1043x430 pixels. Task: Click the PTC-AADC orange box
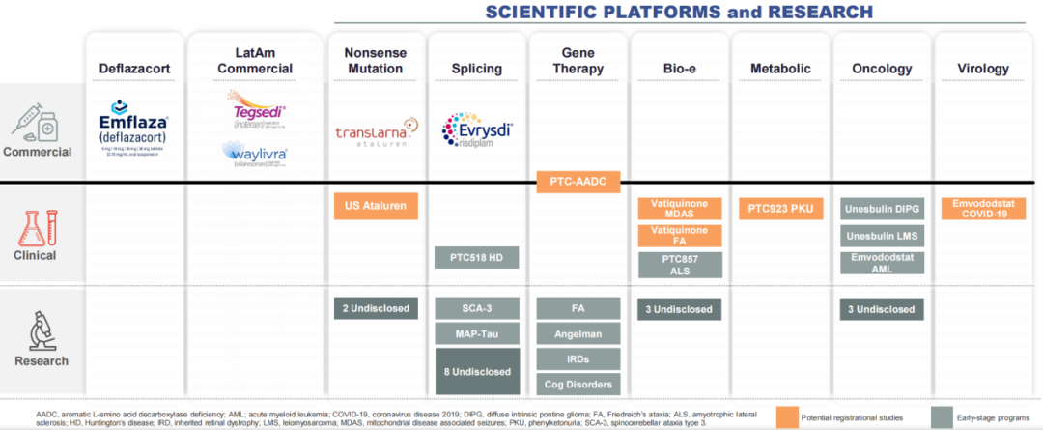click(578, 181)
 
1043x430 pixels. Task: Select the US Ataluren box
click(377, 206)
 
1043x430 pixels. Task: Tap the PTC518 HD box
click(477, 258)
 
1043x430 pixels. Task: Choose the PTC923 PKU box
click(780, 208)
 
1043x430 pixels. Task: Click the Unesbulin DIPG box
click(883, 208)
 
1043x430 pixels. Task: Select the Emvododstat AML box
click(883, 263)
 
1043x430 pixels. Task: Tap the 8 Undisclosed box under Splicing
click(477, 371)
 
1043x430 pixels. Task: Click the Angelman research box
click(578, 333)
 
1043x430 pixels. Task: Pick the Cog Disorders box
click(578, 383)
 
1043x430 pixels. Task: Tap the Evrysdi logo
click(477, 129)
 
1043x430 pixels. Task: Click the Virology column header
click(983, 69)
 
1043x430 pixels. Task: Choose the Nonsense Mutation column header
click(377, 61)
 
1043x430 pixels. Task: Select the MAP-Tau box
click(477, 334)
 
